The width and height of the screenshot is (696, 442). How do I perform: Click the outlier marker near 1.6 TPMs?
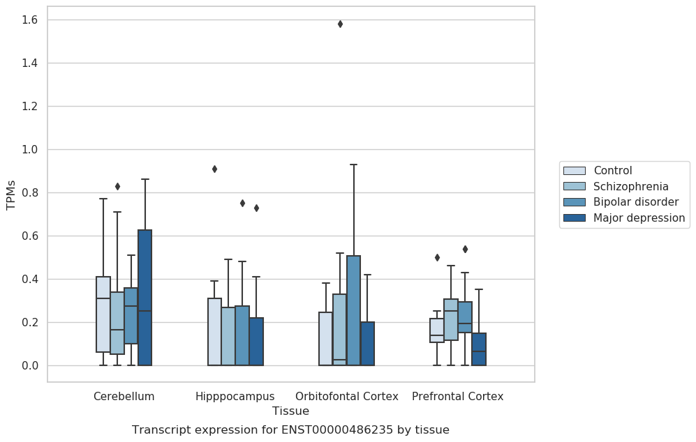[340, 24]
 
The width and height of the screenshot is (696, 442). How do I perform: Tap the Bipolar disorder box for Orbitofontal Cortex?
[353, 310]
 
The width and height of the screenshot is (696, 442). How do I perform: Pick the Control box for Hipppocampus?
[214, 332]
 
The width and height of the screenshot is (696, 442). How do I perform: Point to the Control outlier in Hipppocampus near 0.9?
[214, 169]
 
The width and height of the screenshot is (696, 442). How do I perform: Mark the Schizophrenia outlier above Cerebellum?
[117, 187]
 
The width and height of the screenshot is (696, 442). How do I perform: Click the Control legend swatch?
[575, 171]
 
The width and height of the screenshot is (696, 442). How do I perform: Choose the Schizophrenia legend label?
[631, 186]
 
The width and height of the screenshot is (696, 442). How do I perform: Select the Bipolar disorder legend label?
[636, 202]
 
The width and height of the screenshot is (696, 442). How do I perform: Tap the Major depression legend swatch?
[575, 218]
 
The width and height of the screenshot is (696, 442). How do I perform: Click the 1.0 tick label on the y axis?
[30, 150]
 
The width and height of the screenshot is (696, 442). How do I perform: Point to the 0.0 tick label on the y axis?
[30, 366]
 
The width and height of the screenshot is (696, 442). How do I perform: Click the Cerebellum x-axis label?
[124, 397]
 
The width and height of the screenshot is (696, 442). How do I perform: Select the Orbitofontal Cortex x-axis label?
[347, 397]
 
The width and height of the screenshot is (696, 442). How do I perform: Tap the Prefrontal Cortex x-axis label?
[458, 397]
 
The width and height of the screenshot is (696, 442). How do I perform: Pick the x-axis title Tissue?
[290, 411]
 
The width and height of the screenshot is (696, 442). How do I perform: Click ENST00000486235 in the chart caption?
[337, 430]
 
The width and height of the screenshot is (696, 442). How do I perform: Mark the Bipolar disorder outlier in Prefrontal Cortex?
[465, 249]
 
